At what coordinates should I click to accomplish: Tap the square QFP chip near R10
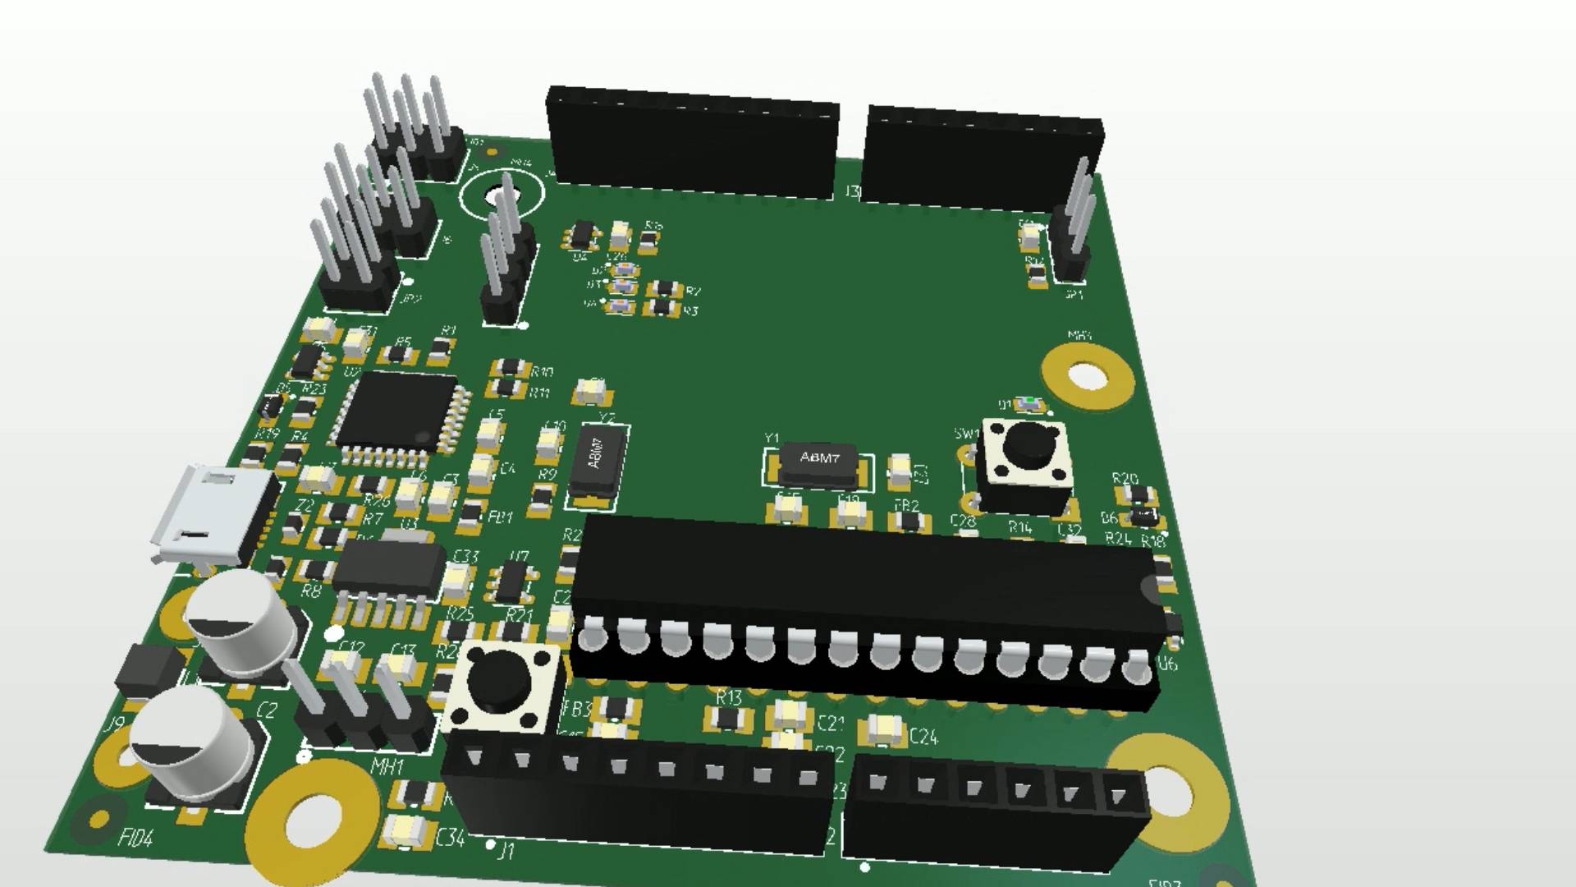397,412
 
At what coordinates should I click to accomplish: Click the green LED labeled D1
1028,403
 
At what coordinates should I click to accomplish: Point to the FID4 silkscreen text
135,839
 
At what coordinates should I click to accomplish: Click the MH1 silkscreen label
387,767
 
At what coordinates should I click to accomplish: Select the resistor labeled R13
727,719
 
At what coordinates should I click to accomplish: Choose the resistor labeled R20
1138,494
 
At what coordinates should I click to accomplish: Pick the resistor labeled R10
511,369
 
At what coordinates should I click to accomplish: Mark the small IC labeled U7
512,580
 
